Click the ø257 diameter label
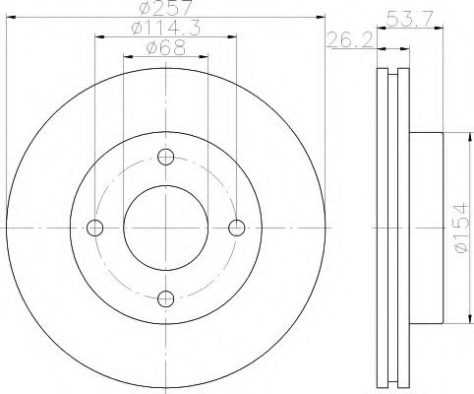165,8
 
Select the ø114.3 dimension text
165,29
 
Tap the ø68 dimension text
166,48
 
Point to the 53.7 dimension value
410,20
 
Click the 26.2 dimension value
350,40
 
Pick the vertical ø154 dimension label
461,228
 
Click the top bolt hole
165,157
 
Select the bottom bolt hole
165,298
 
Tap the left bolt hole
95,228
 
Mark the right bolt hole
236,228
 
